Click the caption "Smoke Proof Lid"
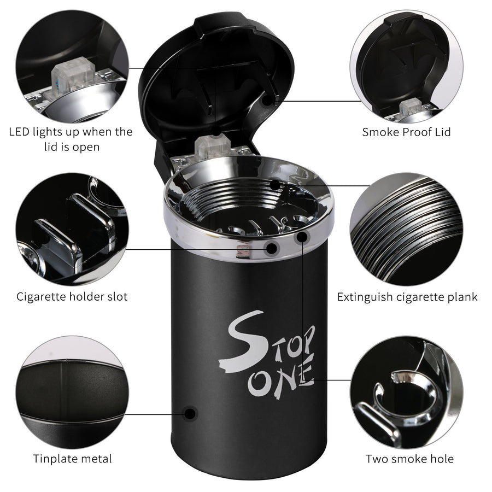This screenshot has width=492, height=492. point(406,132)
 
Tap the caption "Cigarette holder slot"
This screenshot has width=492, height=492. point(72,296)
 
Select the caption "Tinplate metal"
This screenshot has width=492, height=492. point(73,459)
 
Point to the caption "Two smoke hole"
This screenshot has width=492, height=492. point(409,459)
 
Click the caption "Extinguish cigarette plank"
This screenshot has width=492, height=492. point(407,297)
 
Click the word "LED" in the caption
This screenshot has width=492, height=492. point(20,132)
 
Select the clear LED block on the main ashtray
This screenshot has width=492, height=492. point(212,146)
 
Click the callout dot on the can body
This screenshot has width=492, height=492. point(190,414)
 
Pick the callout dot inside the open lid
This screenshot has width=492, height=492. point(267,101)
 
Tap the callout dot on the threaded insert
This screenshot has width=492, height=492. point(275,185)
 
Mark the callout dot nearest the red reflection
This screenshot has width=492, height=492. point(272,248)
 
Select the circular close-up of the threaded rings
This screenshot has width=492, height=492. point(406,229)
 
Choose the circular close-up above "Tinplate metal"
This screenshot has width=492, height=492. point(72,392)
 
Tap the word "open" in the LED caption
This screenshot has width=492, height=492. point(86,148)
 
